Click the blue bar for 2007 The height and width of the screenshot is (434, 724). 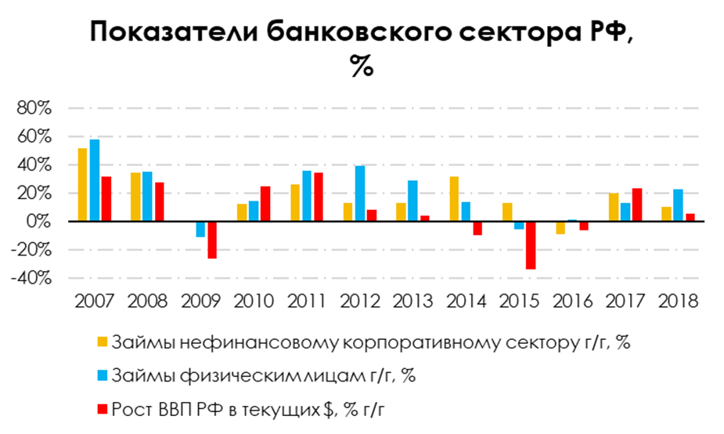[95, 180]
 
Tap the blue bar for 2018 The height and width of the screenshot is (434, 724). [678, 205]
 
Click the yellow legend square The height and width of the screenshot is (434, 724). [102, 342]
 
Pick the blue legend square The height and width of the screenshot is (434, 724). [102, 375]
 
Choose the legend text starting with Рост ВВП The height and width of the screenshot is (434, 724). [258, 408]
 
